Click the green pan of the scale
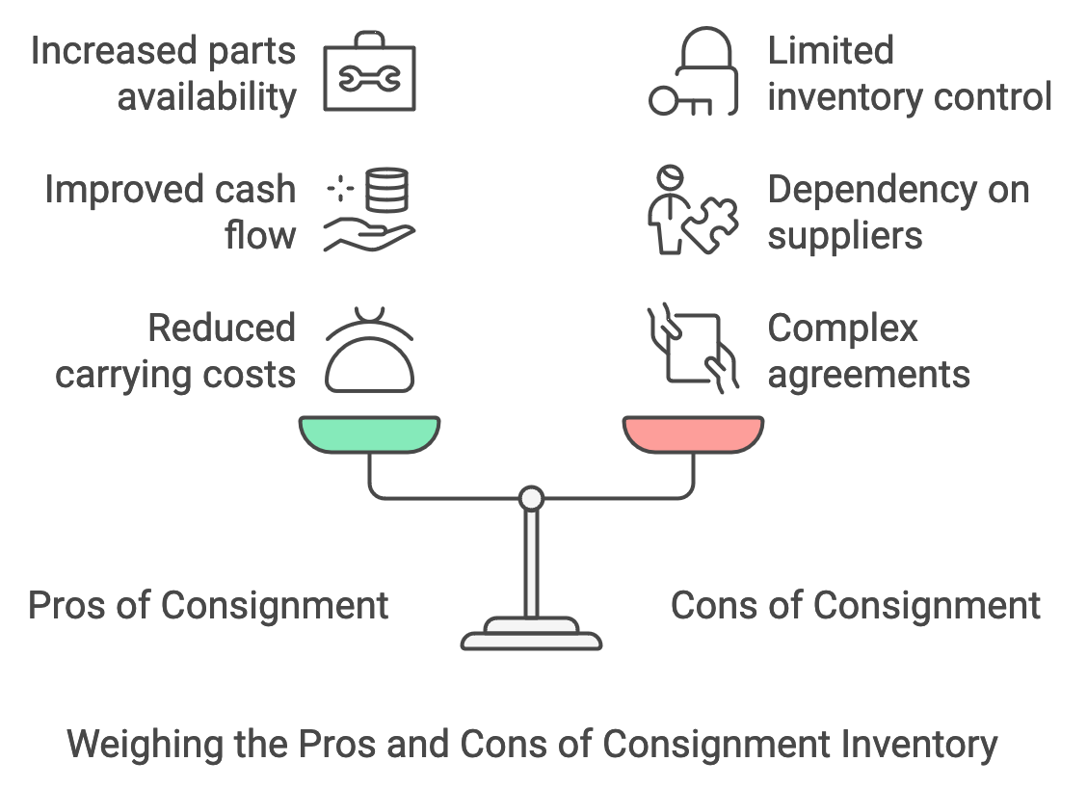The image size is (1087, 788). [x=370, y=433]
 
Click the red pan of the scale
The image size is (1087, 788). [x=693, y=433]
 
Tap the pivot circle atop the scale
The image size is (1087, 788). [x=531, y=498]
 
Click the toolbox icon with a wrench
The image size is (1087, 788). [x=370, y=73]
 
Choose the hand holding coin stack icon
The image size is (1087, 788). [x=370, y=213]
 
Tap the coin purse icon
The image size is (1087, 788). [x=370, y=352]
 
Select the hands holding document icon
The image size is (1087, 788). [x=692, y=349]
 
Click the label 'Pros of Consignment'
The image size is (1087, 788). [x=208, y=606]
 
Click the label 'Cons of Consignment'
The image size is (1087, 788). [x=856, y=606]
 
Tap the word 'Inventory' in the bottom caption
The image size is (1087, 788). [x=918, y=745]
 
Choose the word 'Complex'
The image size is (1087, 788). [x=842, y=328]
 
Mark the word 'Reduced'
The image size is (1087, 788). [x=222, y=328]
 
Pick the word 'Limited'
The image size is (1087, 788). [x=831, y=50]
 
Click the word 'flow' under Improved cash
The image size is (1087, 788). [x=260, y=236]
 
